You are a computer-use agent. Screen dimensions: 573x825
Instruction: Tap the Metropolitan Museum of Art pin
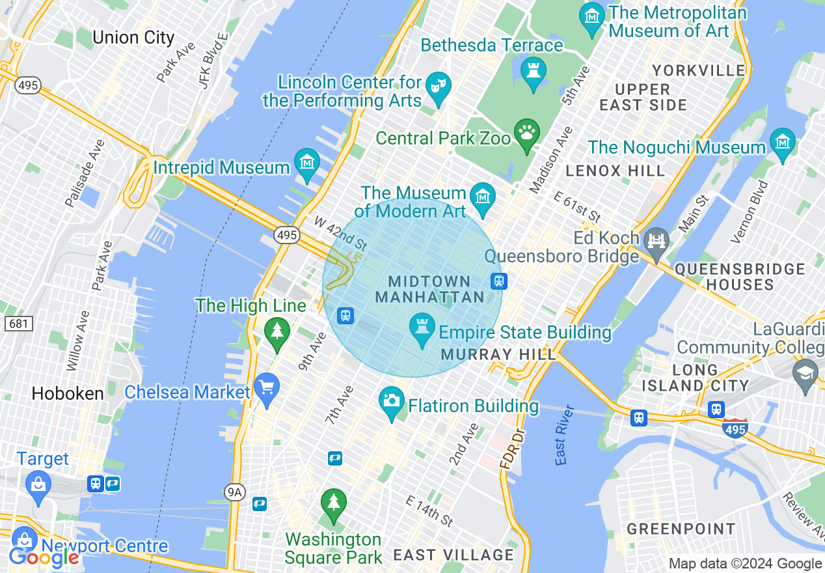[x=592, y=18]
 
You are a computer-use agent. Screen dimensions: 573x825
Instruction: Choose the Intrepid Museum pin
[x=306, y=164]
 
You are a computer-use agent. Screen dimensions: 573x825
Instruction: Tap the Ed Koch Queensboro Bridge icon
[x=657, y=242]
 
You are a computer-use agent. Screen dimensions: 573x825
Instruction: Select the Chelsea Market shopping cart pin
[x=267, y=389]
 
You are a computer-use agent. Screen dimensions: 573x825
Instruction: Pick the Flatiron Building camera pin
[x=392, y=402]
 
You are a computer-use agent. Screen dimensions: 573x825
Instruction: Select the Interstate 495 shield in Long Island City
[x=735, y=426]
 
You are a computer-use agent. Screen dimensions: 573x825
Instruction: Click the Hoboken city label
[x=68, y=394]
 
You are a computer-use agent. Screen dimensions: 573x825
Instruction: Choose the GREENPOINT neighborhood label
[x=681, y=529]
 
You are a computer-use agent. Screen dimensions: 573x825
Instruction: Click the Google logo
[x=44, y=557]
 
